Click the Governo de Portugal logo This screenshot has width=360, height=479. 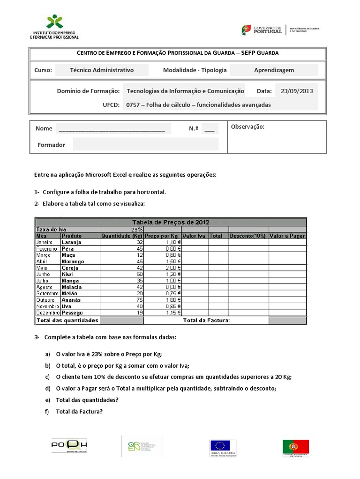(262, 30)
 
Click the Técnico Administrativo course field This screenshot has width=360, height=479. (102, 70)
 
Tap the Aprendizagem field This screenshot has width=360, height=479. (274, 70)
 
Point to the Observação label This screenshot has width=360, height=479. (247, 127)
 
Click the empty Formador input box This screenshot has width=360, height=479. (145, 145)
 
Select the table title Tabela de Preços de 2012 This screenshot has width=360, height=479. (171, 222)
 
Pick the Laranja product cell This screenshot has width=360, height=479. (72, 242)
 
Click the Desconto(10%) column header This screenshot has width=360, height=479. (248, 236)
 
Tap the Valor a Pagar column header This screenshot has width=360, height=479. (287, 236)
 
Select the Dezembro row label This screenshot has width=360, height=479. (48, 312)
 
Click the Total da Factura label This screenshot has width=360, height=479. (206, 320)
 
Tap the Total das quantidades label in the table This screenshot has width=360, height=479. (67, 320)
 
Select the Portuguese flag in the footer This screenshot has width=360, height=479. (295, 447)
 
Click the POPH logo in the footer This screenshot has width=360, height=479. (69, 446)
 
